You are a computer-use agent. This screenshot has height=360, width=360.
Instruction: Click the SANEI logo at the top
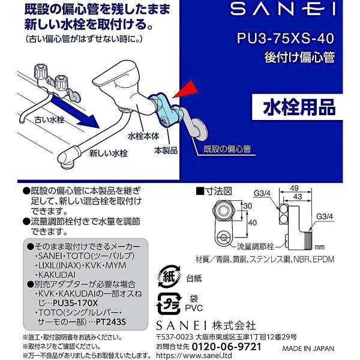point(283,8)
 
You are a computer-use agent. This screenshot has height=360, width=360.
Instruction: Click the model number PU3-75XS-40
point(286,38)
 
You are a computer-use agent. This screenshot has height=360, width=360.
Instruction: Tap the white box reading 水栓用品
point(297,107)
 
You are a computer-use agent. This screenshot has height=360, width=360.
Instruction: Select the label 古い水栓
point(49,119)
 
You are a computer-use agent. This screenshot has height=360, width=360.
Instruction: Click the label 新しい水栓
point(109,153)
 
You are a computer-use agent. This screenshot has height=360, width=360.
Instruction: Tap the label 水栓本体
point(143,136)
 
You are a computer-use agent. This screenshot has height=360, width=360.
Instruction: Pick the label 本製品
point(166,151)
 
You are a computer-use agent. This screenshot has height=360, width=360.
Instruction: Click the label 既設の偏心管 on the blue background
point(227,149)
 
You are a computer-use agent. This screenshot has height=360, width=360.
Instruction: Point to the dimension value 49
point(295,188)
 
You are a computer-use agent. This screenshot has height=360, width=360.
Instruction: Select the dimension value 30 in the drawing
point(247,206)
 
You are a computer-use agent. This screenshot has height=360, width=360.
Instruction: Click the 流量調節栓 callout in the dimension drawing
point(256,247)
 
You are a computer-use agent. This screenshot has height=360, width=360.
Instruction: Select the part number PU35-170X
point(76,303)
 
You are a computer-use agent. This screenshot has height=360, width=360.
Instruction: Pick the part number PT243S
point(111,322)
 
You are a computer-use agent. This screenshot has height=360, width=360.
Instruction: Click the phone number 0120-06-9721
point(226,347)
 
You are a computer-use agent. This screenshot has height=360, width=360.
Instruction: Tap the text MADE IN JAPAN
point(308,348)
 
